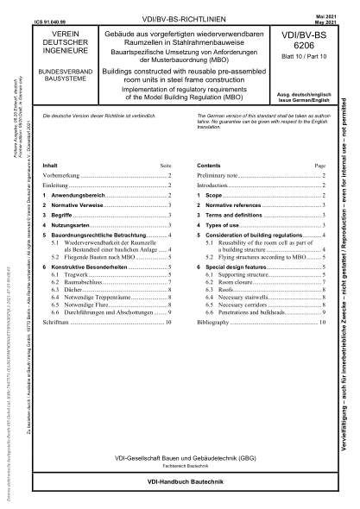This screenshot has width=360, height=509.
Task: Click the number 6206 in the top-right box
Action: [x=319, y=48]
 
